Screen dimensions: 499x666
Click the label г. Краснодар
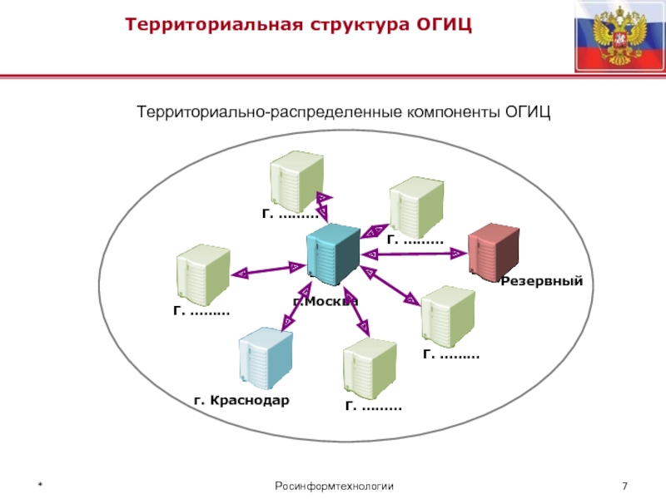pos(241,401)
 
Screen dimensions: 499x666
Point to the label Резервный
pos(541,283)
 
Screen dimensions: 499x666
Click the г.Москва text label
pos(326,301)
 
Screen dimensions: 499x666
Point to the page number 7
pos(624,486)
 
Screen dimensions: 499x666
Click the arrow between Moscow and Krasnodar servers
pos(297,304)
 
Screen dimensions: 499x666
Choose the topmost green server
pos(296,180)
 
